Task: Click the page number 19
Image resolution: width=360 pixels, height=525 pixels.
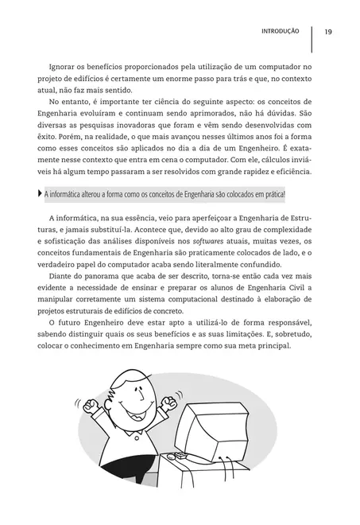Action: (x=328, y=32)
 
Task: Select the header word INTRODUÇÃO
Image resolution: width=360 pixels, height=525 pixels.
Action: (x=280, y=32)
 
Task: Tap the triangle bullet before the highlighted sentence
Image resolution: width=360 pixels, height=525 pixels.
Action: (x=41, y=194)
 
